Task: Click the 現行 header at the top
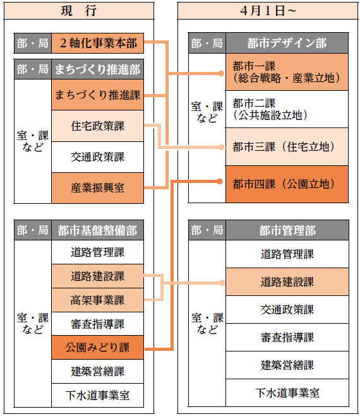click(x=79, y=11)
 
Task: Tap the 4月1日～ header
click(x=268, y=11)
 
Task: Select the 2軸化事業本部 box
click(x=98, y=44)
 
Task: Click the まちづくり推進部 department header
click(x=98, y=69)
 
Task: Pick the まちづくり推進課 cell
click(x=98, y=95)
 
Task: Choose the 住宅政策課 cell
click(x=98, y=126)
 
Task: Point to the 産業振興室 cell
click(x=98, y=188)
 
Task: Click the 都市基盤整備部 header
click(x=98, y=230)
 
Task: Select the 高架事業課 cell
click(x=98, y=300)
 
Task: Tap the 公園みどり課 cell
click(x=98, y=348)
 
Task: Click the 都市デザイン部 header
click(x=287, y=43)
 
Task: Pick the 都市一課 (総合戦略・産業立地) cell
click(x=287, y=72)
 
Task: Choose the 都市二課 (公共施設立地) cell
click(x=287, y=109)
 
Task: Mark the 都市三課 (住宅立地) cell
click(x=287, y=146)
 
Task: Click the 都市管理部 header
click(x=287, y=230)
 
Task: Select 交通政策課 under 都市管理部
click(x=287, y=309)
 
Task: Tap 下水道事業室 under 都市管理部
click(x=287, y=392)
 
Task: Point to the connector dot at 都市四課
click(x=220, y=182)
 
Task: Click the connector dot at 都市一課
click(x=221, y=73)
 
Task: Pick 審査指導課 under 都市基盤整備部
click(x=98, y=324)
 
